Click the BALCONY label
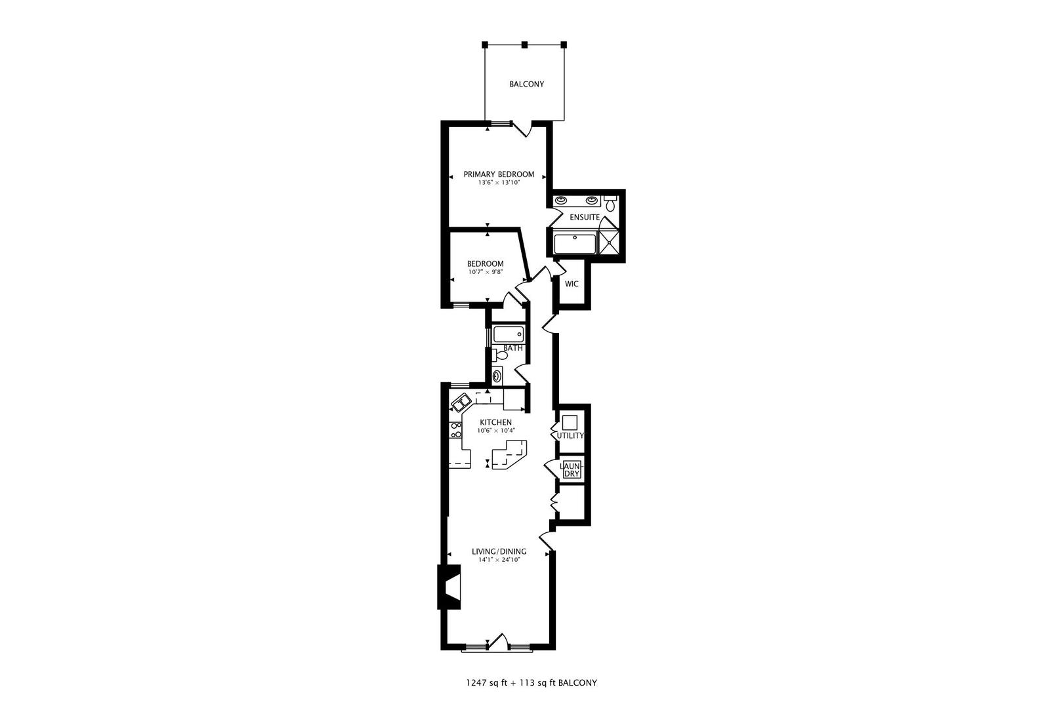click(x=526, y=85)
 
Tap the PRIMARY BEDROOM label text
click(x=499, y=174)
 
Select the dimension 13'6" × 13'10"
click(x=499, y=184)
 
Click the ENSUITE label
click(x=583, y=217)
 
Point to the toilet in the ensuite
click(x=610, y=203)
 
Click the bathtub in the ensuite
click(x=575, y=244)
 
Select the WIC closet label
click(x=572, y=285)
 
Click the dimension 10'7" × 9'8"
click(x=486, y=272)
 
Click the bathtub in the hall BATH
click(x=509, y=334)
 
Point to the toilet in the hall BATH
click(x=500, y=355)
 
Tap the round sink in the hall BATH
click(x=497, y=376)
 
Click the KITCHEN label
click(x=495, y=422)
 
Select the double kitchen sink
click(x=459, y=403)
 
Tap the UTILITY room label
click(x=570, y=436)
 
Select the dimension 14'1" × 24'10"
click(x=499, y=560)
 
